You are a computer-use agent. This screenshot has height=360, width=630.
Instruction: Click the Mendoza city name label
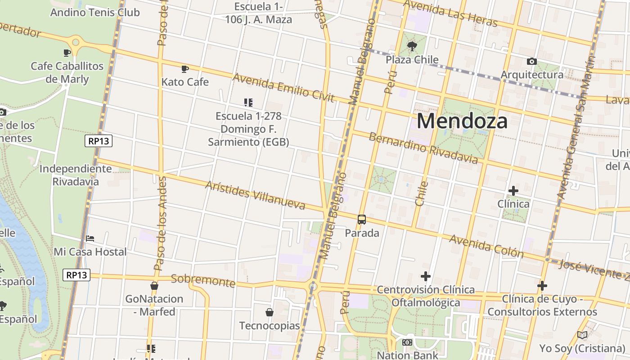point(462,121)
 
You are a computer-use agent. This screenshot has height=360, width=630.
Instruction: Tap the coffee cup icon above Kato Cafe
point(184,69)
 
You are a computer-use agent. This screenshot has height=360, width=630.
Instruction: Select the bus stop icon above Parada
point(362,220)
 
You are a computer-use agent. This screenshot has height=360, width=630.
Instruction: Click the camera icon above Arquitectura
point(532,61)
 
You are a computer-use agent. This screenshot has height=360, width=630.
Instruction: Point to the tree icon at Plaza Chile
point(412,46)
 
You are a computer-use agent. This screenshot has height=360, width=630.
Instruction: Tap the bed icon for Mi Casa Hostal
point(90,238)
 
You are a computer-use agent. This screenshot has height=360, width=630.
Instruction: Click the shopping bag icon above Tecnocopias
point(270,312)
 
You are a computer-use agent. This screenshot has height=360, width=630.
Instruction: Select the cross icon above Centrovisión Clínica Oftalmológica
point(426,276)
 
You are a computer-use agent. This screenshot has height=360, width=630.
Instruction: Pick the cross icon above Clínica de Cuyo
point(542,286)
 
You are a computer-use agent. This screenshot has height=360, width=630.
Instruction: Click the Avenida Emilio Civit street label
point(283,87)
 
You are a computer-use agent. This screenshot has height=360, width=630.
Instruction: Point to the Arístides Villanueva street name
point(255,195)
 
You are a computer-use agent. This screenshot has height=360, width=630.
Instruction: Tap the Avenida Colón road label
point(486,246)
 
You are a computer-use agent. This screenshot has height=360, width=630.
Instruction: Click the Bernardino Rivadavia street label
point(423,148)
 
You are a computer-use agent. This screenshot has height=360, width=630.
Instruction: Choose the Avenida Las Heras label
point(450,13)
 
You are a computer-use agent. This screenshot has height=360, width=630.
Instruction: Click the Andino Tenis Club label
point(95,12)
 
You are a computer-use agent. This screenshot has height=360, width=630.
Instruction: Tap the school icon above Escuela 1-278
point(248,103)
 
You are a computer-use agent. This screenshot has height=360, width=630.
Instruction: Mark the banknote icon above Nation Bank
point(407,342)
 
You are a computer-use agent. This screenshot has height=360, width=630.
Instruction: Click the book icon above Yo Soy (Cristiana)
point(582,335)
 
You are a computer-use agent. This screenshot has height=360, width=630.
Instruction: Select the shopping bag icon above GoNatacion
point(154,286)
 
